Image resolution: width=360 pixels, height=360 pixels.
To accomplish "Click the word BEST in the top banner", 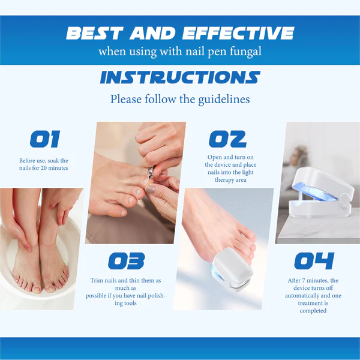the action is pos(95,33).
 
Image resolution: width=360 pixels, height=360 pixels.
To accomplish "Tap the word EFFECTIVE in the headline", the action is pos(238,33).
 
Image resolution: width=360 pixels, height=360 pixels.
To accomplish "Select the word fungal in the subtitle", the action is pos(245,52).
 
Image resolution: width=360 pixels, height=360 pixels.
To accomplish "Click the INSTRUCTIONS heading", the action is pos(180,77).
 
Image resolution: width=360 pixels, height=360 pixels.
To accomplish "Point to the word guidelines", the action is pos(224,100).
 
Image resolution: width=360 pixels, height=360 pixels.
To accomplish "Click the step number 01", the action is pos(45,139).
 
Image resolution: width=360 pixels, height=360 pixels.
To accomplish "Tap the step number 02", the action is pos(227,139).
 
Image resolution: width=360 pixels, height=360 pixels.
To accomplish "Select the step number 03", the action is pos(126,261).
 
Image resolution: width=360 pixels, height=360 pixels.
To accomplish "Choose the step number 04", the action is pos(314,261).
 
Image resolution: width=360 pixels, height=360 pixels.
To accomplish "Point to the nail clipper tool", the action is pos(151,173).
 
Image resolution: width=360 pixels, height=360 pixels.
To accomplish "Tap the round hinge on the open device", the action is pos(344,200).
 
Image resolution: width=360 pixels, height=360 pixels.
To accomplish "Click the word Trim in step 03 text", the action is pos(97,281).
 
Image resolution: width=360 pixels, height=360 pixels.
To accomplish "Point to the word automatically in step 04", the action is pos(301,296).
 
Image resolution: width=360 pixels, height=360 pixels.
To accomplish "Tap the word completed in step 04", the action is pos(313,311).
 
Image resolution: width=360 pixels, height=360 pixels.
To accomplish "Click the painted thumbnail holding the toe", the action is pos(151,190).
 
